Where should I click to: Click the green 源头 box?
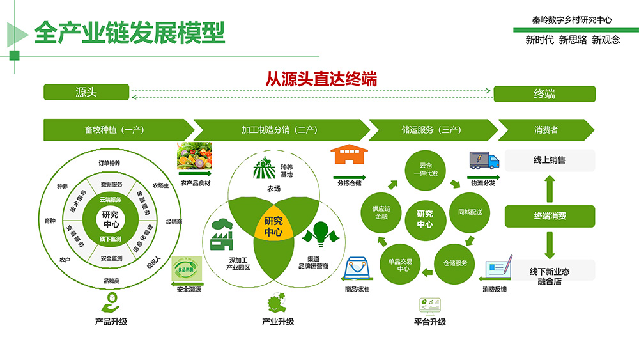pos(86,92)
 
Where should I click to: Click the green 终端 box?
pos(544,94)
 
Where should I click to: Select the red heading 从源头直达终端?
pos(321,79)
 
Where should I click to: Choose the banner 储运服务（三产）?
pos(431,130)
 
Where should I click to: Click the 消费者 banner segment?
pos(546,130)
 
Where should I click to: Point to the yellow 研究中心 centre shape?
pos(273,228)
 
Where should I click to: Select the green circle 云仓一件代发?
pos(425,168)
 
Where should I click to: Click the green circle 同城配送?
pos(470,211)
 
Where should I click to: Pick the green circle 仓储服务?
pos(455,263)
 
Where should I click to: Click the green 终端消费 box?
pos(550,216)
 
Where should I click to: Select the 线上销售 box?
pos(550,160)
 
